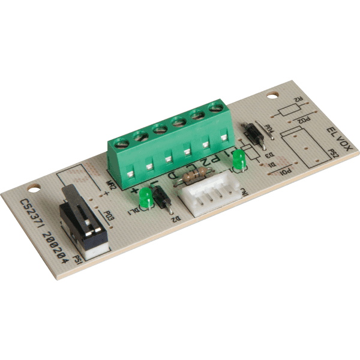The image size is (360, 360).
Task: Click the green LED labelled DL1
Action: point(144,197)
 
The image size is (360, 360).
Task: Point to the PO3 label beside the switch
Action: point(109,214)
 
